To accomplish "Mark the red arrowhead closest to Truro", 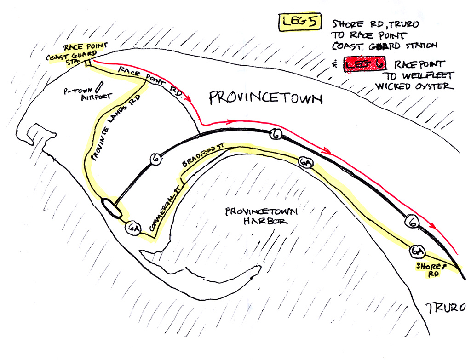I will [x=432, y=225].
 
